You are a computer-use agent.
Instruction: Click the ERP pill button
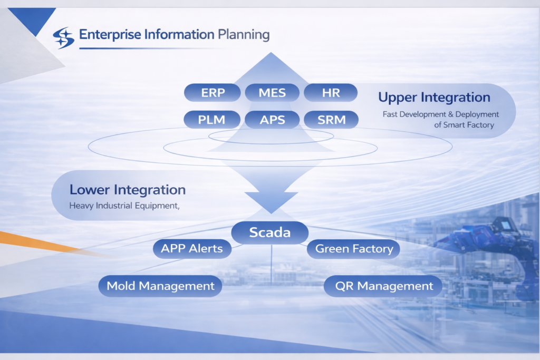213,93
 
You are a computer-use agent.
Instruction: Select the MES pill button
272,93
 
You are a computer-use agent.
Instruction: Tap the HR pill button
331,93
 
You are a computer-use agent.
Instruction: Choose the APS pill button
272,119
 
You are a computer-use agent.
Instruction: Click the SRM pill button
331,119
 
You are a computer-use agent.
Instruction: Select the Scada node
270,232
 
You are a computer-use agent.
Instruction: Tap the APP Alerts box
192,249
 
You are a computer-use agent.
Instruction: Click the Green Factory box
354,249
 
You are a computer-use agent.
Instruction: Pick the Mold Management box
160,286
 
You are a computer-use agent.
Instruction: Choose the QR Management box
384,286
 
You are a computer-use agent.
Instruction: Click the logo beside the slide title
64,37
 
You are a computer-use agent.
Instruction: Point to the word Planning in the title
243,35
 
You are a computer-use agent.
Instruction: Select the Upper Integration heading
434,98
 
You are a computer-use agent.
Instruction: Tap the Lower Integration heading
127,190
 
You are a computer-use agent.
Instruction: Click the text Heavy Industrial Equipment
124,206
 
